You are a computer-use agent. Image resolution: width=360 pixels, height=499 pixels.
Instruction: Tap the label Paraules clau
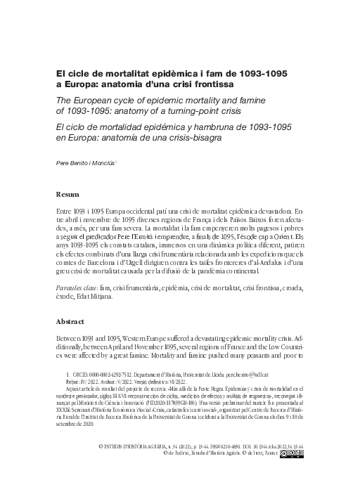click(x=79, y=287)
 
